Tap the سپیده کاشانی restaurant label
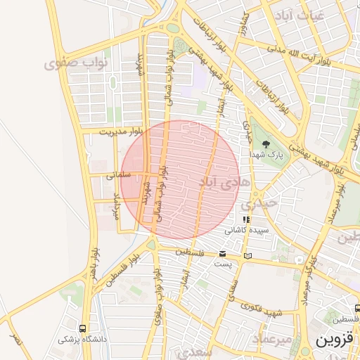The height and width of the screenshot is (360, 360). pyautogui.click(x=245, y=230)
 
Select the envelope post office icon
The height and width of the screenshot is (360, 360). pyautogui.click(x=223, y=253)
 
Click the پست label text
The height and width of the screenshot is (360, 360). pyautogui.click(x=223, y=264)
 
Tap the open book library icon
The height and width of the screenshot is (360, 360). pyautogui.click(x=247, y=256)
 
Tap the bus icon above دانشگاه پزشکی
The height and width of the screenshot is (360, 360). pyautogui.click(x=84, y=328)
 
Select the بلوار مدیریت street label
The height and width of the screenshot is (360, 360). pyautogui.click(x=120, y=131)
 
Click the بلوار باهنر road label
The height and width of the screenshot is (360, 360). pyautogui.click(x=94, y=263)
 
